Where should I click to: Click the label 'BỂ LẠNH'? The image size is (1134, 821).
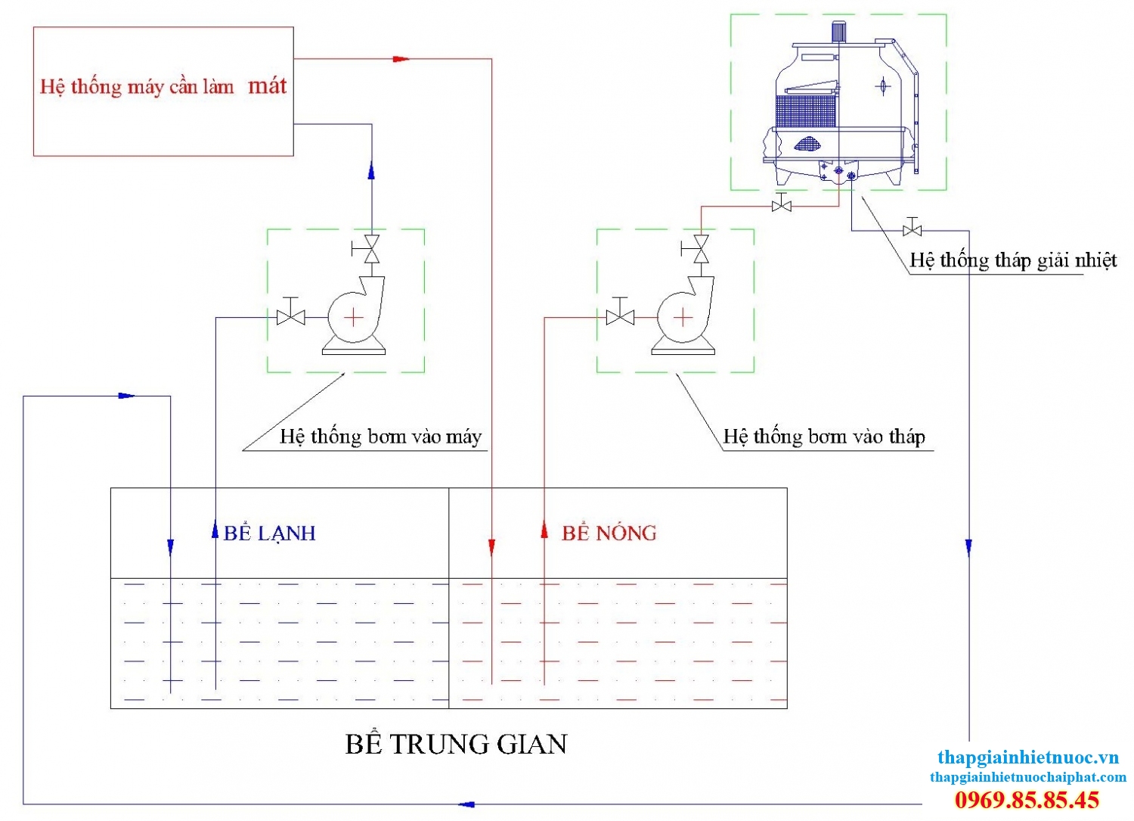[x=269, y=533]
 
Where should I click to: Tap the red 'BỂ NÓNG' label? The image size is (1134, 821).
[x=609, y=533]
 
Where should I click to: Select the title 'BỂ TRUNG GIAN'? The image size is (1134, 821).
[x=456, y=745]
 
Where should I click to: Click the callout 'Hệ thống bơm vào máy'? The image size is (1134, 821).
[x=380, y=437]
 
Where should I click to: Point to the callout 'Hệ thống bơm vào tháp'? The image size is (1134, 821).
[x=824, y=437]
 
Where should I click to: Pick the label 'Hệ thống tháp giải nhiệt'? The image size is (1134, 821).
[x=1013, y=260]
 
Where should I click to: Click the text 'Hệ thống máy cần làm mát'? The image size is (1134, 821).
[x=163, y=86]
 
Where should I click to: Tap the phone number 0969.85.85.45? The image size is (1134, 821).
[x=1027, y=800]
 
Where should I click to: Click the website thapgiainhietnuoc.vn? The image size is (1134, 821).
[x=1027, y=757]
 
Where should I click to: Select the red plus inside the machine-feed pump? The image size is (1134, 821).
[x=353, y=317]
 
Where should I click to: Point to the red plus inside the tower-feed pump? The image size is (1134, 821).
[x=683, y=317]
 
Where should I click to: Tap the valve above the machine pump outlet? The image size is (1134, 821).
[x=371, y=249]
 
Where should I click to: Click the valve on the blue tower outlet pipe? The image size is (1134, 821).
[x=912, y=229]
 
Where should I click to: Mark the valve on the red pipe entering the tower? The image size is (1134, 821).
[x=782, y=204]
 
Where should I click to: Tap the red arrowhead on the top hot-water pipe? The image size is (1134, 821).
[x=401, y=58]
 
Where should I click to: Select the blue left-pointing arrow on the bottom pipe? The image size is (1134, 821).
[x=466, y=804]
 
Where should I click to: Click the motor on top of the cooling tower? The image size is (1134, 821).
[x=838, y=32]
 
